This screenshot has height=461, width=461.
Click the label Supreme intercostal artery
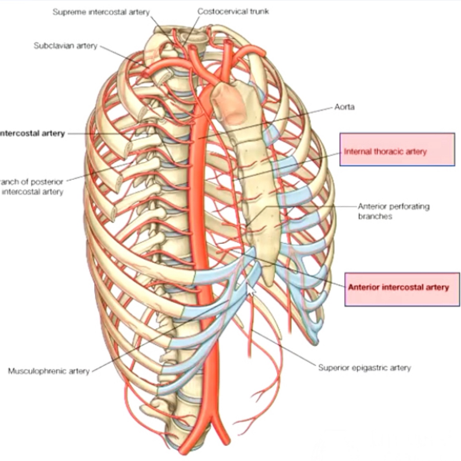pos(101,12)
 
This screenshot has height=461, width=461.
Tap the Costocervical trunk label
pos(233,11)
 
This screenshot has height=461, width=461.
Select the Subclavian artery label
pos(65,46)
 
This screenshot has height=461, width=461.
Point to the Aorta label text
pos(344,107)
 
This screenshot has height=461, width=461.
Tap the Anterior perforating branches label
pos(394,211)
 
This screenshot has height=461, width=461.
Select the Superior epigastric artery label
pos(365,368)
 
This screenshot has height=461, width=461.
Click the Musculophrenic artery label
pos(49,371)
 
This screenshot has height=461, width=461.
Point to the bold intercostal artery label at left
pos(32,133)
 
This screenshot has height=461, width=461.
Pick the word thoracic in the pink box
pos(388,151)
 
